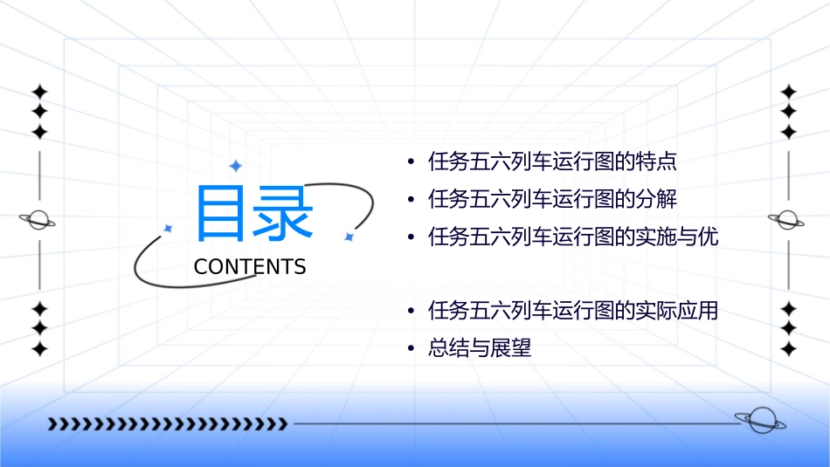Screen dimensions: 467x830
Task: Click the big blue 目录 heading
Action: (x=254, y=213)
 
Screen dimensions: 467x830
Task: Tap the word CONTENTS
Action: (x=250, y=267)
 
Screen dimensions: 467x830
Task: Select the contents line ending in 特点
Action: (x=553, y=161)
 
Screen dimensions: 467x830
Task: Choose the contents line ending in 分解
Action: (x=553, y=199)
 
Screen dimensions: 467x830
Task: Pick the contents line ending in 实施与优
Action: (x=573, y=237)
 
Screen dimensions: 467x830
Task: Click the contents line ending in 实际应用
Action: (x=573, y=311)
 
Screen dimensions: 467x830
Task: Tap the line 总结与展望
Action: (x=480, y=349)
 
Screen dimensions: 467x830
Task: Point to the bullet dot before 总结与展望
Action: (x=410, y=349)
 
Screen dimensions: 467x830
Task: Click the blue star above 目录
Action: (x=235, y=165)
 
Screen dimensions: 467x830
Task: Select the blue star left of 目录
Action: (x=169, y=228)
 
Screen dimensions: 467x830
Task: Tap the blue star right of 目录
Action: (x=349, y=236)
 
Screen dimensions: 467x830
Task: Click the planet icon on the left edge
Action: (x=38, y=220)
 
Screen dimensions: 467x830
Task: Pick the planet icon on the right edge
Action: (x=788, y=220)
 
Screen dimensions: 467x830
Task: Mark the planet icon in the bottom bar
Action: (x=760, y=422)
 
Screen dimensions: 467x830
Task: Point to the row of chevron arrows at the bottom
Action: (x=167, y=424)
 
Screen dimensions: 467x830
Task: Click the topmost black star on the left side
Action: (x=38, y=92)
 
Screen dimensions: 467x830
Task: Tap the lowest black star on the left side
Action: (x=38, y=348)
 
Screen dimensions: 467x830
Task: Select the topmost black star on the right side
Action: (x=788, y=92)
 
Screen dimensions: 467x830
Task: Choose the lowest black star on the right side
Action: (x=788, y=348)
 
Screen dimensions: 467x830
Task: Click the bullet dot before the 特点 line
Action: (x=410, y=162)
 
